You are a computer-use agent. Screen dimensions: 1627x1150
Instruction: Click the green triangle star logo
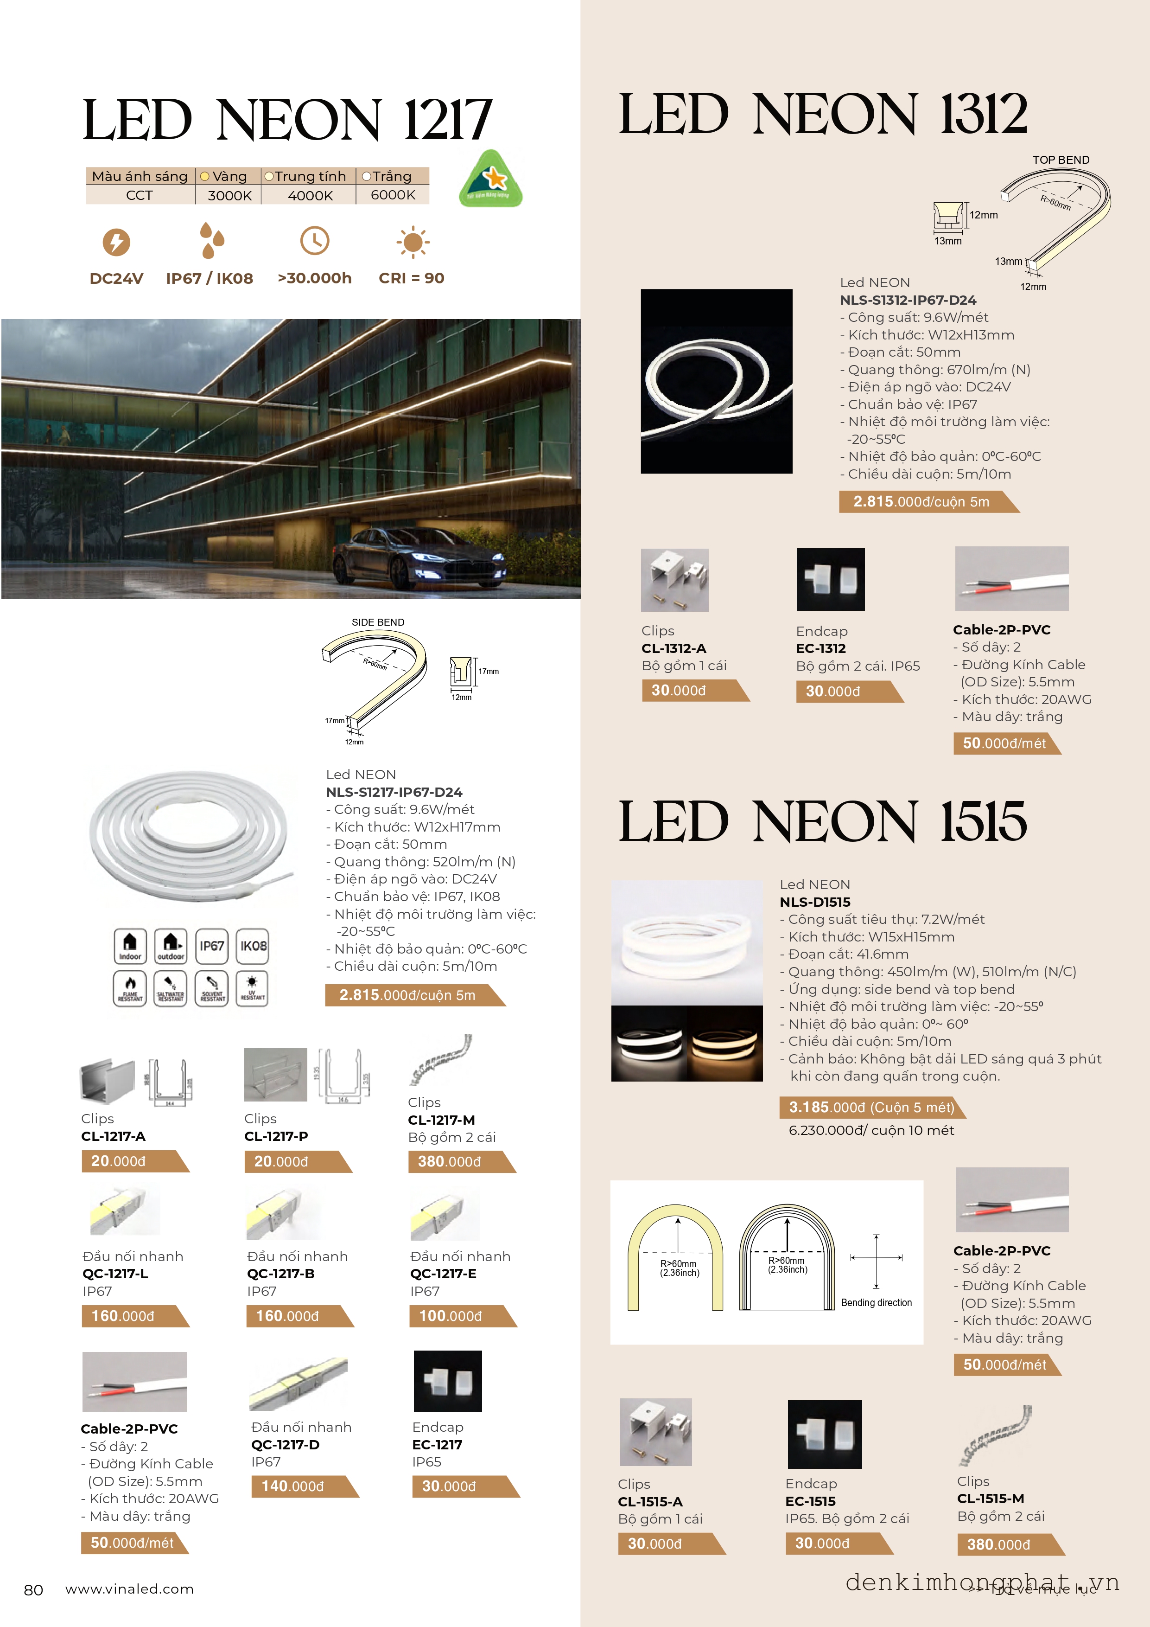coord(491,180)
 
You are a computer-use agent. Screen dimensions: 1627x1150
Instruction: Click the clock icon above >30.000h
coord(314,241)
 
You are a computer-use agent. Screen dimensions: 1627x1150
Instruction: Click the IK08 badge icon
coord(253,947)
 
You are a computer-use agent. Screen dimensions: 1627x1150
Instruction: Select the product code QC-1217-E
coord(443,1274)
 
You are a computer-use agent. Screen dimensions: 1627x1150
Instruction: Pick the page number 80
coord(33,1589)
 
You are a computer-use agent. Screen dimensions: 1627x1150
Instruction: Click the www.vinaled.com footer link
coord(130,1589)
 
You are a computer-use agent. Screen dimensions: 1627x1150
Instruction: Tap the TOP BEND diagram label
coord(1060,160)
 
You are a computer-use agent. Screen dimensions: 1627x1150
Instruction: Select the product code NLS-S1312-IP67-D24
coord(908,300)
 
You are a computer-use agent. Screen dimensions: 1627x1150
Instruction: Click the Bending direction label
coord(876,1302)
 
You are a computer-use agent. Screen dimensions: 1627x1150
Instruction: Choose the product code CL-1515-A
coord(650,1502)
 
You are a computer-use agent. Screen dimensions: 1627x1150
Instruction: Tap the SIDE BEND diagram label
coord(378,622)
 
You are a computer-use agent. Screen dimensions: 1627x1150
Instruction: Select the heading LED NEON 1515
coord(822,822)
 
